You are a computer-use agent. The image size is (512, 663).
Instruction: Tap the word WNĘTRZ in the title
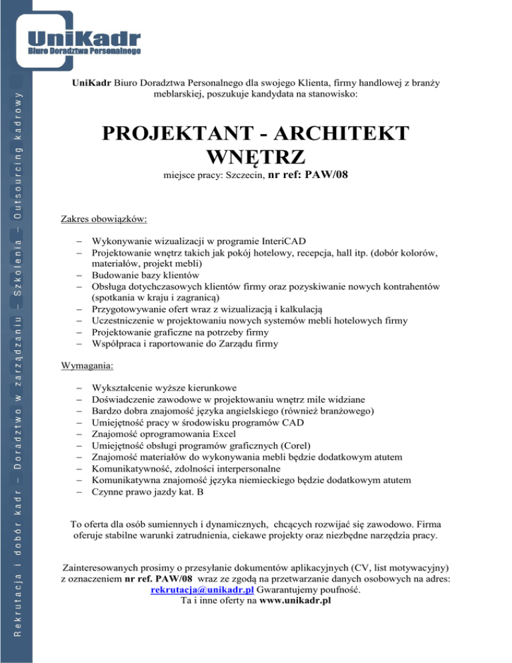click(x=256, y=157)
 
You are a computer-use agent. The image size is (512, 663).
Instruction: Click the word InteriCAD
click(x=282, y=241)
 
